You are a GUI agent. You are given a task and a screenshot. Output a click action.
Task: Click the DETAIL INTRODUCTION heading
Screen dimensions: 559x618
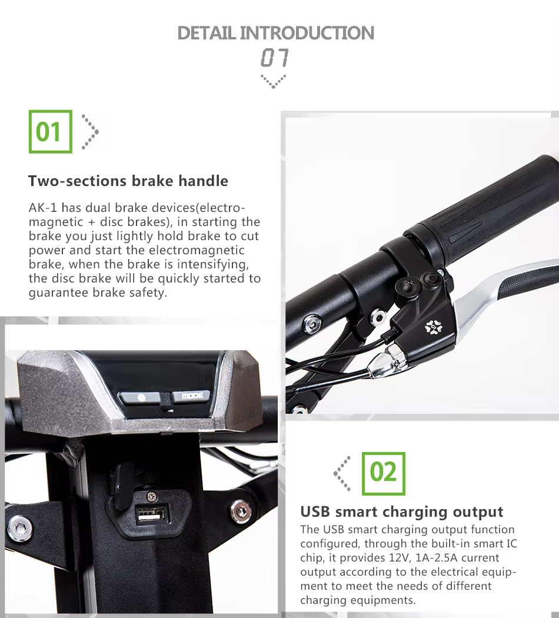click(276, 33)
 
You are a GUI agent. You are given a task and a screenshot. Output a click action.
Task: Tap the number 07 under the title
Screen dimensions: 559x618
click(275, 58)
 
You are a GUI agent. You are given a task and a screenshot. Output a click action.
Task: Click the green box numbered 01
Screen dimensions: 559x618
click(51, 132)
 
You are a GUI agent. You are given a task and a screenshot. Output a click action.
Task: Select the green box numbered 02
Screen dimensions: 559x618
click(383, 473)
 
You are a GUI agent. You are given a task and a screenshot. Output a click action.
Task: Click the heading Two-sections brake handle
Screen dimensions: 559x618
click(128, 181)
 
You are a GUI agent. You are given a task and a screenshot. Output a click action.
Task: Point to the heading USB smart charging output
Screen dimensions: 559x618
click(402, 511)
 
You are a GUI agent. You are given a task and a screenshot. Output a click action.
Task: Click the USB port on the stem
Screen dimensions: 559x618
click(151, 515)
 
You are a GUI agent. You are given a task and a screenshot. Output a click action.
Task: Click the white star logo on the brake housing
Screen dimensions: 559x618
click(434, 327)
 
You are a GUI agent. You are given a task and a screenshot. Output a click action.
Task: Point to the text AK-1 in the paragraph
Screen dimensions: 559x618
click(43, 207)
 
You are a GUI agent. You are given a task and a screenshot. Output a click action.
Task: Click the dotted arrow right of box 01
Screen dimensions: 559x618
click(90, 132)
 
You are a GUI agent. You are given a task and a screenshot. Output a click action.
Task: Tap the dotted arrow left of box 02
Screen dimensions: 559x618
click(342, 473)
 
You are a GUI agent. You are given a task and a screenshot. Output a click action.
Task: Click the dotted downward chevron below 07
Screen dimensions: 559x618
click(274, 81)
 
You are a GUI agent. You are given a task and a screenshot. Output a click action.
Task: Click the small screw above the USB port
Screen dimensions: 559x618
click(151, 496)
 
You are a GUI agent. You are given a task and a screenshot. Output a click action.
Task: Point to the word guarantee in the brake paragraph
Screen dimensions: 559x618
click(59, 293)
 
